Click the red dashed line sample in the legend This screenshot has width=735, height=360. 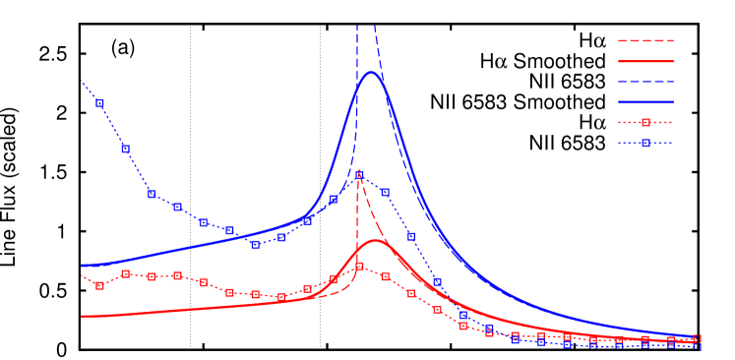click(645, 40)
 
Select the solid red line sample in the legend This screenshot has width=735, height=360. click(645, 61)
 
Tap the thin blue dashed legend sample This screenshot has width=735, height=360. click(645, 82)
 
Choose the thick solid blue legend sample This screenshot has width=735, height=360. click(645, 101)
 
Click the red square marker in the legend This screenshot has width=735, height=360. click(645, 123)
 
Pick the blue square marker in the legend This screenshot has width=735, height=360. click(645, 143)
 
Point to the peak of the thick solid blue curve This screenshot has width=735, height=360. click(371, 72)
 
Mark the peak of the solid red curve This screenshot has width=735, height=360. click(376, 240)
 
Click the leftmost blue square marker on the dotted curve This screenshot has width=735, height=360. click(99, 102)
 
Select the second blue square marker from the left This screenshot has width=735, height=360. click(125, 149)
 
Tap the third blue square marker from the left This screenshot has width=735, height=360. click(152, 194)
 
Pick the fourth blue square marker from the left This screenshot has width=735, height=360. click(177, 208)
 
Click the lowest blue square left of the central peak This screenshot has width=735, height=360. click(255, 244)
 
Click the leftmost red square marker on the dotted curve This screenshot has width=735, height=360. click(99, 285)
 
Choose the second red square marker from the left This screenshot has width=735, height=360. click(125, 273)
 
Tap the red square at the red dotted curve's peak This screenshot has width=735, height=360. click(359, 267)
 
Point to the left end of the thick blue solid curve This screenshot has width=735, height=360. click(82, 266)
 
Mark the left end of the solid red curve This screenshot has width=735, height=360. click(82, 317)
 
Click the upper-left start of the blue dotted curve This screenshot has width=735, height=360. click(82, 81)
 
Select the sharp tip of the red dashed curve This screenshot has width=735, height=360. click(359, 174)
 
